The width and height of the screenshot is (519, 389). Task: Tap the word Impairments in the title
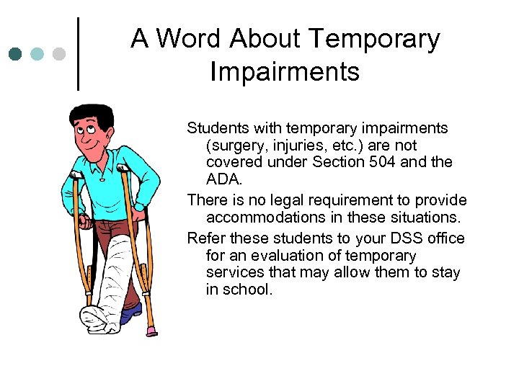coord(285,71)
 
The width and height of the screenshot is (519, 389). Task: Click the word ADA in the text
coord(222,179)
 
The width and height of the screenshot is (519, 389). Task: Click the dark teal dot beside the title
coord(15,53)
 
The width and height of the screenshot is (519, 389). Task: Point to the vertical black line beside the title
coord(78,54)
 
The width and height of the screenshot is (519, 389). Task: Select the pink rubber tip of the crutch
coord(151,331)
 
